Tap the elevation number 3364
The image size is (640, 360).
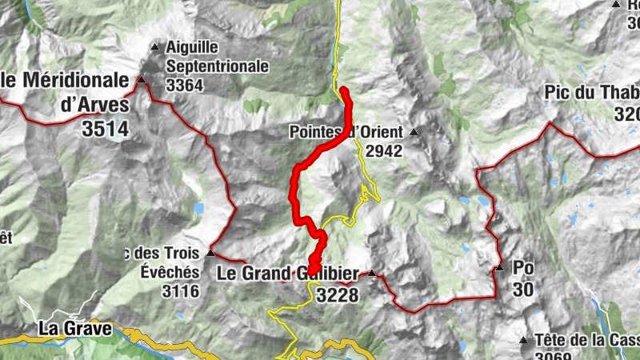tap(186, 85)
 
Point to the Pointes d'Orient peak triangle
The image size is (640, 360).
tap(414, 132)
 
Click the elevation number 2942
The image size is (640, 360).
tap(384, 150)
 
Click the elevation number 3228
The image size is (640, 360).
tap(337, 295)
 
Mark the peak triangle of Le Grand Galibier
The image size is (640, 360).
tap(372, 274)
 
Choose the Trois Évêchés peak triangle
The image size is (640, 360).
tap(210, 253)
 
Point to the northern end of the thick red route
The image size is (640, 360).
tap(343, 90)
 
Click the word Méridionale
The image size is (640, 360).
tap(77, 80)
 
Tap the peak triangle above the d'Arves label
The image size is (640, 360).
tap(142, 79)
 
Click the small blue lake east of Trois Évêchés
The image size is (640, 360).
tap(198, 209)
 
